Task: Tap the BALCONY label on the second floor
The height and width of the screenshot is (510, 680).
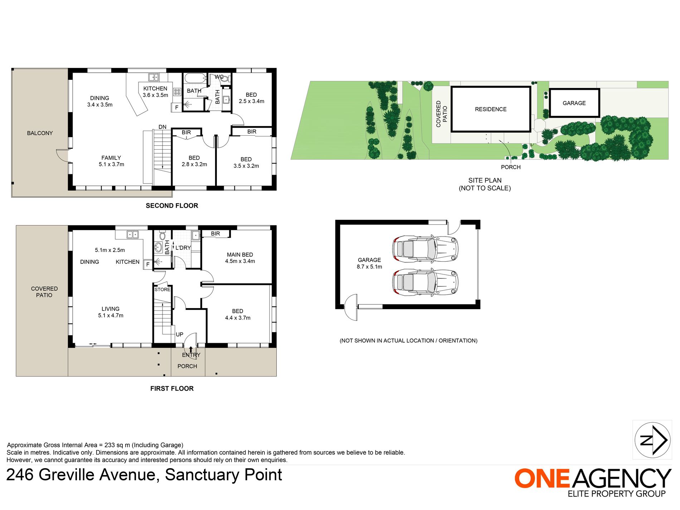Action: [40, 133]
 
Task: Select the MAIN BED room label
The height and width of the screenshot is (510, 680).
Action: [240, 255]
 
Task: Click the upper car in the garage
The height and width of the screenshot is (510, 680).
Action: [425, 248]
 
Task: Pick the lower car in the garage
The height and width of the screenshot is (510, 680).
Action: [425, 282]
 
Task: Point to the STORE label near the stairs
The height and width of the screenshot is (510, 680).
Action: [162, 290]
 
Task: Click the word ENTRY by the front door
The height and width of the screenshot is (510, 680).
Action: [191, 355]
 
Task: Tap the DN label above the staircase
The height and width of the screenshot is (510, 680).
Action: [162, 127]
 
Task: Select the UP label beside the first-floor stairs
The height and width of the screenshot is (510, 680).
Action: [179, 335]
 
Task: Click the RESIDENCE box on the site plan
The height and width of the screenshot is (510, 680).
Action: [491, 109]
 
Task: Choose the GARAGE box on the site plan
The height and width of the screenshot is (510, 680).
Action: [574, 103]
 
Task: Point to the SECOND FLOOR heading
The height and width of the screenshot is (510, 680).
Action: [172, 206]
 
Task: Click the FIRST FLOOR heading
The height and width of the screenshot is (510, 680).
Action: [172, 389]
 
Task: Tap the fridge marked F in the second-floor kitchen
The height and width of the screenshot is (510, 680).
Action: [176, 107]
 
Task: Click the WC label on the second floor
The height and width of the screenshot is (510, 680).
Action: [219, 77]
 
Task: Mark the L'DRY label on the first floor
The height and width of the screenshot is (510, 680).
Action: [183, 248]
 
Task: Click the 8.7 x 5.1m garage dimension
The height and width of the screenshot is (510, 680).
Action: [369, 267]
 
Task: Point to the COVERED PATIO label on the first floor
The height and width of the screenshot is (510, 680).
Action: [44, 292]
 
